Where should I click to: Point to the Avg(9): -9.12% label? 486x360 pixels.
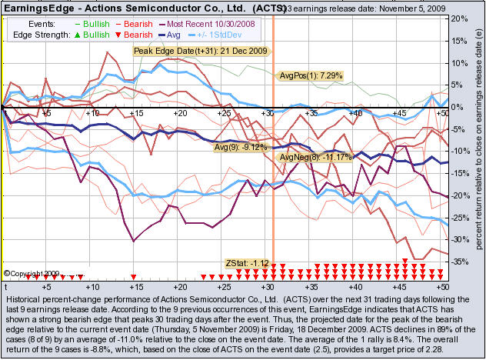240,146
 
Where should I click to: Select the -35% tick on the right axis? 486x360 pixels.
458,262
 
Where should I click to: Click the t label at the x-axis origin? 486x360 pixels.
6,285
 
